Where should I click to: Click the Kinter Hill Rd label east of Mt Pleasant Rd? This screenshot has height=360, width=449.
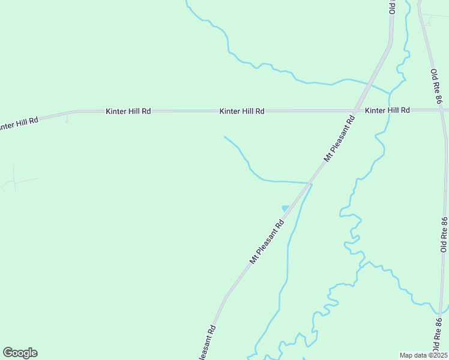(x=387, y=110)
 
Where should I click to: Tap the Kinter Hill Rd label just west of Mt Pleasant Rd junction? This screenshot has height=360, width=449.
(x=242, y=111)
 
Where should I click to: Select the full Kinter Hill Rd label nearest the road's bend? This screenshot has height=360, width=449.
(x=128, y=111)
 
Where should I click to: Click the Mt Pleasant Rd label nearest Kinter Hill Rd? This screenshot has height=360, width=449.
(x=340, y=138)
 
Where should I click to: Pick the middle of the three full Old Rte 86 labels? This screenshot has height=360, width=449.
(x=444, y=234)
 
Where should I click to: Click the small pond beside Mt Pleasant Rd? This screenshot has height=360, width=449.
(x=285, y=208)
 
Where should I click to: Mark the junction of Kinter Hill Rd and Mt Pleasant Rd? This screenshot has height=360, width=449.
(x=357, y=110)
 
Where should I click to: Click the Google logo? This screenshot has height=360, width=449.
(x=20, y=353)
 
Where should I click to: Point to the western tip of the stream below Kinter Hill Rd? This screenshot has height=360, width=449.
(x=224, y=137)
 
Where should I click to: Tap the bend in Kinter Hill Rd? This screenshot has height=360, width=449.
(x=76, y=112)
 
